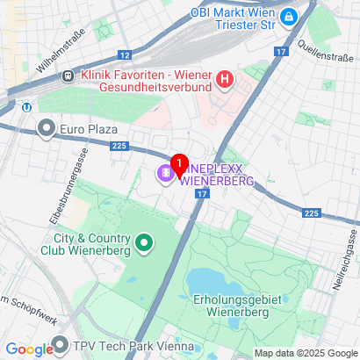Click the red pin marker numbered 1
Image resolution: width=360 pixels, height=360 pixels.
click(x=179, y=164)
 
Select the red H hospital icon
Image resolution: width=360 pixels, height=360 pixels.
click(x=225, y=81)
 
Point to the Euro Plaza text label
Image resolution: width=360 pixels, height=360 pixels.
click(x=90, y=130)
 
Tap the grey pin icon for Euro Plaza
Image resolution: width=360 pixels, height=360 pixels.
click(x=47, y=130)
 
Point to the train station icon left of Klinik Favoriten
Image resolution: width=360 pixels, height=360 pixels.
click(x=68, y=76)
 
